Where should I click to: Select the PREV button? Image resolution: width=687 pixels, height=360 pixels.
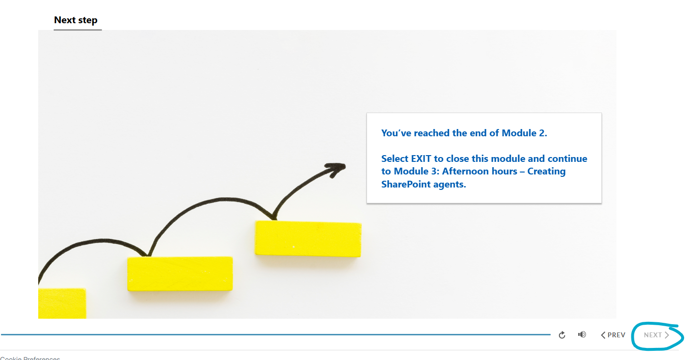coord(613,335)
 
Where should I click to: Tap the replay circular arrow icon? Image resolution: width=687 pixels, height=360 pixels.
coord(562,335)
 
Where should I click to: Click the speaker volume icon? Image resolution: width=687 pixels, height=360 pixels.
coord(582,334)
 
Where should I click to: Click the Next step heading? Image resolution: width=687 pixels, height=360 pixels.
coord(76,20)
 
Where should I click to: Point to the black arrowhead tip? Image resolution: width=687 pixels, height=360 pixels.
coord(345,166)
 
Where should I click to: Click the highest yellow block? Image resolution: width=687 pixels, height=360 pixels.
coord(308,239)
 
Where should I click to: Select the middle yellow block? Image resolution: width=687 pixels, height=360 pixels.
coord(180,274)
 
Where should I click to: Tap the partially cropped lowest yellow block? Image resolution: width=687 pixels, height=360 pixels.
coord(62,303)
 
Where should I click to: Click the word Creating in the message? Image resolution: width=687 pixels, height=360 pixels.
coord(546,172)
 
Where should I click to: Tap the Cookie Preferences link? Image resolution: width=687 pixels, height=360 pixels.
coord(30,358)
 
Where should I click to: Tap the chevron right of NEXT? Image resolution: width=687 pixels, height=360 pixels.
coord(667,335)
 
